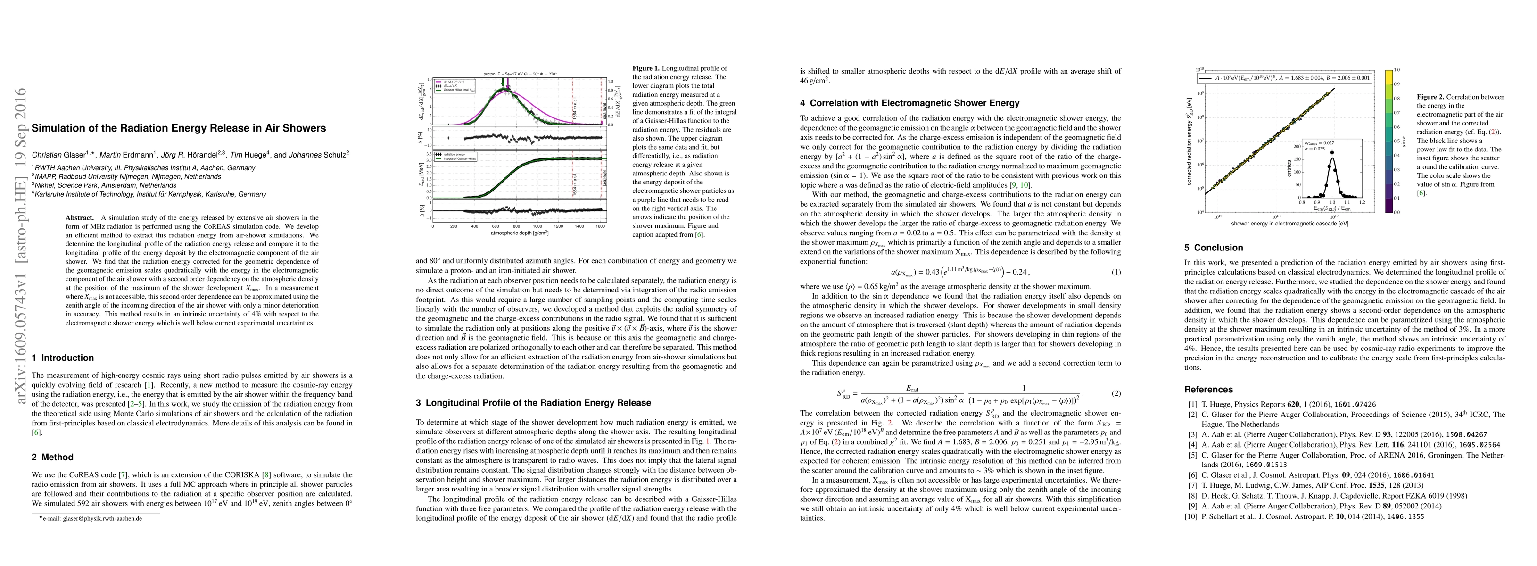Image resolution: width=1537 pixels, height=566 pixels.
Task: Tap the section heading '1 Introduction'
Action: click(x=63, y=358)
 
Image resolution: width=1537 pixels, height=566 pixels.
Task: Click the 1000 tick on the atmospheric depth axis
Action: click(x=537, y=227)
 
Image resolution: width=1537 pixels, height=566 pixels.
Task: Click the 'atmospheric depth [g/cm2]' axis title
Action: click(x=520, y=233)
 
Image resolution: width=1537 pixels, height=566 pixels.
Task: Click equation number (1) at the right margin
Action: click(x=1116, y=272)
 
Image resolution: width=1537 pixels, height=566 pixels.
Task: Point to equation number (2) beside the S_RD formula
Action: click(x=1116, y=394)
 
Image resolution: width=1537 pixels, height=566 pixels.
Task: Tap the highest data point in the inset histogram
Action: click(x=1327, y=152)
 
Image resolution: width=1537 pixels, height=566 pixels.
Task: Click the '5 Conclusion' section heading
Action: click(x=1213, y=248)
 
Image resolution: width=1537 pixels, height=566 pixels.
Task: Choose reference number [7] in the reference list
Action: click(x=1189, y=485)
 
